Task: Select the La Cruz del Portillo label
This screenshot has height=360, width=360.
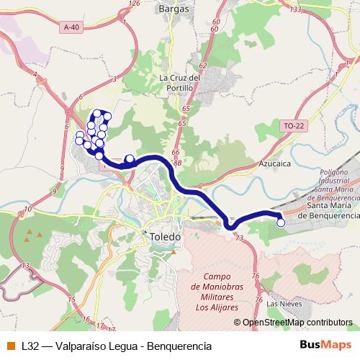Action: pyautogui.click(x=176, y=83)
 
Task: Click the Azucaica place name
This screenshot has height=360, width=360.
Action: pyautogui.click(x=274, y=163)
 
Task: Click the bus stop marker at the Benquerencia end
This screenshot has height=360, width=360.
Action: pyautogui.click(x=281, y=223)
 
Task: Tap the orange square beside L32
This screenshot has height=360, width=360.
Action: pyautogui.click(x=10, y=346)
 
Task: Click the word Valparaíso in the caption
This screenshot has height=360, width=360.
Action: pyautogui.click(x=78, y=346)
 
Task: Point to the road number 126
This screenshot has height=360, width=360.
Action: pyautogui.click(x=133, y=4)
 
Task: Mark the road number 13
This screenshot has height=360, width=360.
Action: pyautogui.click(x=24, y=266)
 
